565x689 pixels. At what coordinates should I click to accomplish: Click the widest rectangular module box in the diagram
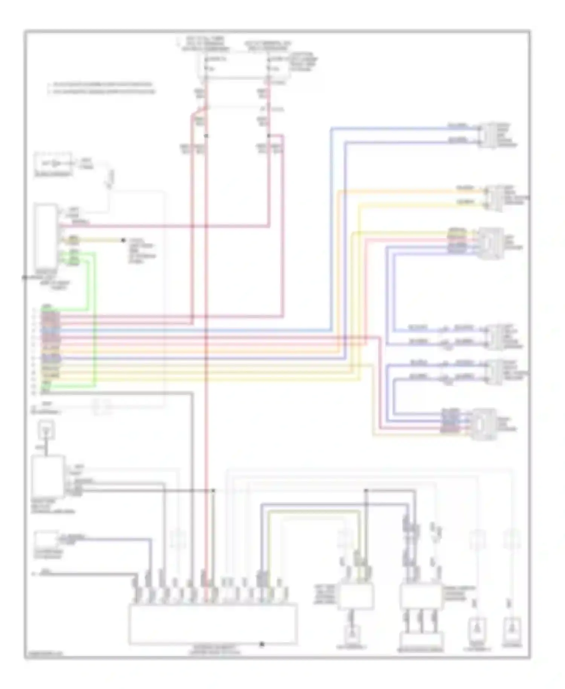tap(213, 624)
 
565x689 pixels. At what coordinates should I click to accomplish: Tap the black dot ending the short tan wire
tap(123, 240)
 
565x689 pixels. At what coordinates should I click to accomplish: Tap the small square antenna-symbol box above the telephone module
tap(46, 430)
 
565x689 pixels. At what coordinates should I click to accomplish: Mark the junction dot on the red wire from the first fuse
tap(206, 136)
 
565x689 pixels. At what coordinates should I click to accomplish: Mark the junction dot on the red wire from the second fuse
tap(269, 136)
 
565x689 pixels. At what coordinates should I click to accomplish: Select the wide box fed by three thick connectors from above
tap(422, 640)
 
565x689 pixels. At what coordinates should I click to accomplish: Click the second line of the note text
tap(102, 92)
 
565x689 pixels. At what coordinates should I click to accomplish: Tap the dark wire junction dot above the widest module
tap(213, 490)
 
